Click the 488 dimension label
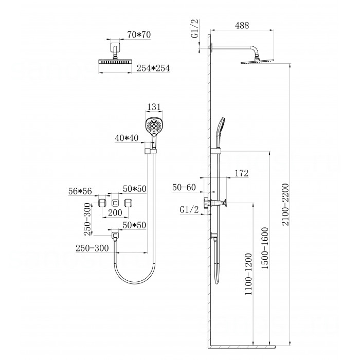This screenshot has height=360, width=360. [242, 25]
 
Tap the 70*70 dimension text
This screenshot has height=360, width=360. [139, 34]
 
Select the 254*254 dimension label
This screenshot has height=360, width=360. [153, 68]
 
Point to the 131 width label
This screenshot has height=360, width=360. [154, 107]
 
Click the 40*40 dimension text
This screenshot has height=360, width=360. [127, 138]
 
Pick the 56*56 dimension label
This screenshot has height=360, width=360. [80, 191]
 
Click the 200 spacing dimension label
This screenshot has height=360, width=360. [115, 212]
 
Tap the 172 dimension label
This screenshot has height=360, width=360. [242, 173]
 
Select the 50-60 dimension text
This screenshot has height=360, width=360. [184, 187]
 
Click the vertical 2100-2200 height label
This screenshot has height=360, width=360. [285, 205]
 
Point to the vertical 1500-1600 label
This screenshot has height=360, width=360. [265, 248]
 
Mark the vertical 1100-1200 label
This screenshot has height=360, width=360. [248, 274]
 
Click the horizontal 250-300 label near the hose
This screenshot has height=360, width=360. [92, 248]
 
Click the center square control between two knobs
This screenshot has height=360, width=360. [115, 203]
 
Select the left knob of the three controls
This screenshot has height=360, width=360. [102, 203]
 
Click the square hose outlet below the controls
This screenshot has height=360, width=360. [115, 236]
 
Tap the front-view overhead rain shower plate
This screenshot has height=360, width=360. [115, 62]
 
